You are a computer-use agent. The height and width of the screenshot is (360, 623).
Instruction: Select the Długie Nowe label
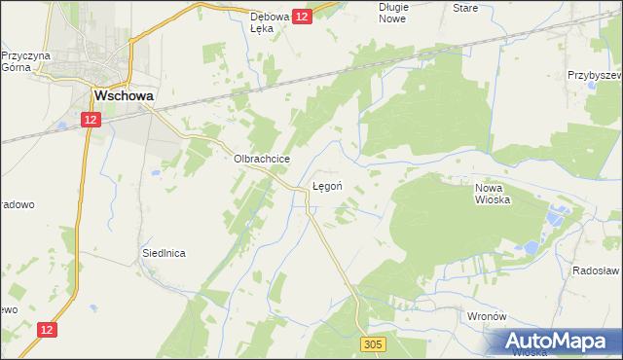pos(393,13)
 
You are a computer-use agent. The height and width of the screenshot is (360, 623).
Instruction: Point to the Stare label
pos(465,7)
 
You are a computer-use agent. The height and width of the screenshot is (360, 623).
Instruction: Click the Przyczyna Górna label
pos(25,62)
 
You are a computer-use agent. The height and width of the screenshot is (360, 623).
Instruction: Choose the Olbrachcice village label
pos(257,160)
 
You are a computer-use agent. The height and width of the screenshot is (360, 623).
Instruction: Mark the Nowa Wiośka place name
pos(493,194)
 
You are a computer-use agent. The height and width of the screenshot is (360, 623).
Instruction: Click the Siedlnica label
pos(164,252)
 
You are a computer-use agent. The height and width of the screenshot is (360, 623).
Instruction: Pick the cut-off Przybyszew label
pos(595,74)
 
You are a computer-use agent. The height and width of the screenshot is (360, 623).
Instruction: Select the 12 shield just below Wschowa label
pos(90,119)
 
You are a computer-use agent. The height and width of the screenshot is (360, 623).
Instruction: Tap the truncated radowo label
pos(18,204)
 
